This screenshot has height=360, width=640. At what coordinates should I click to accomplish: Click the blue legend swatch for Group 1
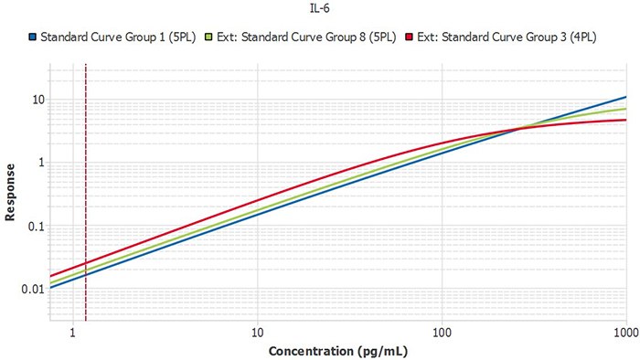(32, 37)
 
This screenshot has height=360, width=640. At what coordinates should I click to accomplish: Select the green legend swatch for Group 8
(209, 37)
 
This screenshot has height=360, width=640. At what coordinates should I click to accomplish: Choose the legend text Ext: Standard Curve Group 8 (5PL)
(307, 37)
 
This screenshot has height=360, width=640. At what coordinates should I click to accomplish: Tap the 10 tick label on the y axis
(37, 100)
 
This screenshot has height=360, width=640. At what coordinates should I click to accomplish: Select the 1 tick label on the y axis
(39, 163)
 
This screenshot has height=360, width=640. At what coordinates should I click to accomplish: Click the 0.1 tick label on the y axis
(34, 226)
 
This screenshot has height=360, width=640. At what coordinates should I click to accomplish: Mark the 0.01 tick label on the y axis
(31, 289)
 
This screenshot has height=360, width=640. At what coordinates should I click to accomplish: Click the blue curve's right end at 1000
(625, 97)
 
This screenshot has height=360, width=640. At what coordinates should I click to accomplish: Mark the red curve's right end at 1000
(625, 120)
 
